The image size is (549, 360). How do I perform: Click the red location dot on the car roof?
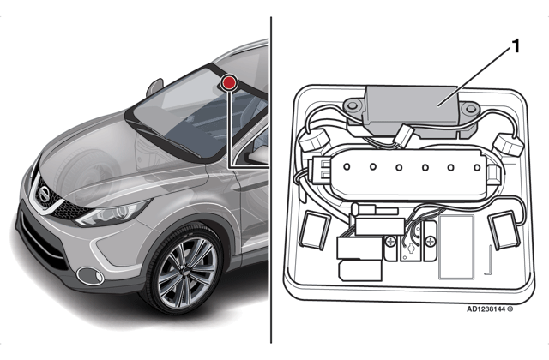click(x=229, y=83)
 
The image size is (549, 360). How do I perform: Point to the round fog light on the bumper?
click(x=86, y=275)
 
